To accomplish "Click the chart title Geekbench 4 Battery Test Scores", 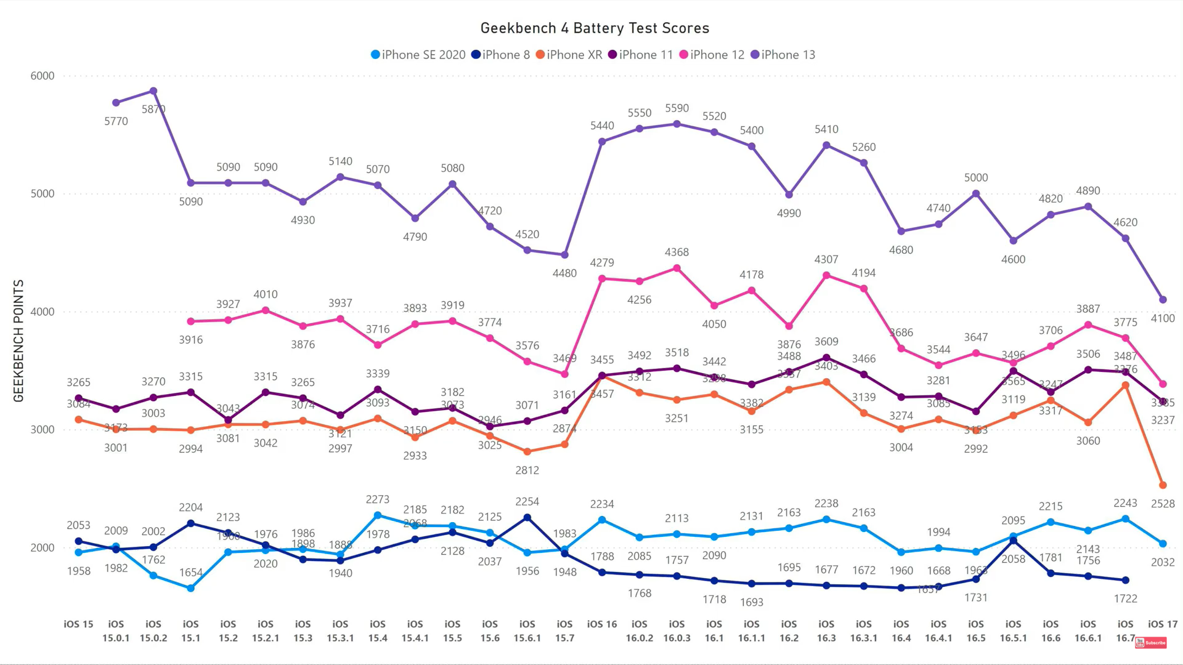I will coord(595,28).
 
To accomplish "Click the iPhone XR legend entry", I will coord(569,55).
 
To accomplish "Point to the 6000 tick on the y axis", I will coord(43,76).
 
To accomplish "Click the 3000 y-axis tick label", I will coord(43,430).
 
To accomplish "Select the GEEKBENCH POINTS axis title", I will coord(18,341).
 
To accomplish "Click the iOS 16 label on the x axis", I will coord(602,624).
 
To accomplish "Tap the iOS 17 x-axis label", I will coord(1163,624).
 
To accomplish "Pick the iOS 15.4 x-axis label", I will coord(378,631).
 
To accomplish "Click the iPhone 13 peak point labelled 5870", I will coord(153,91).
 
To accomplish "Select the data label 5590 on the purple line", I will coord(677,108).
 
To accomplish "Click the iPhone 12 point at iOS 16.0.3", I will coord(677,268).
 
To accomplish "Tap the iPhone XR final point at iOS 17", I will coord(1163,485).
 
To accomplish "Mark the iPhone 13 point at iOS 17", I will coord(1163,300).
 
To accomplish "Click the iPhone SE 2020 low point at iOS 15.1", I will coord(191,589).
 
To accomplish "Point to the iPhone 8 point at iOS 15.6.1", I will coord(527,518).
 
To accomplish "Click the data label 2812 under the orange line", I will coord(527,470).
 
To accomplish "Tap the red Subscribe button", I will coord(1151,643).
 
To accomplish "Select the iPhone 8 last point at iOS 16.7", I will coord(1126,580).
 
